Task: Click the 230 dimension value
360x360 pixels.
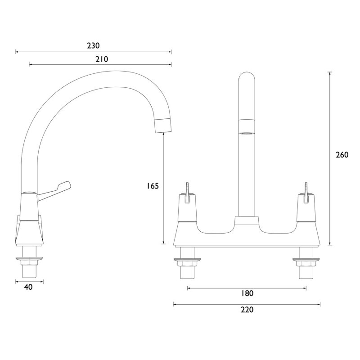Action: (93, 45)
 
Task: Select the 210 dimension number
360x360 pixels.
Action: (102, 59)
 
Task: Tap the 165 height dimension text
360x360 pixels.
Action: (153, 185)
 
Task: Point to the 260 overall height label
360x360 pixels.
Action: (342, 155)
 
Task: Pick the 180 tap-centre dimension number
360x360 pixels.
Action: (247, 294)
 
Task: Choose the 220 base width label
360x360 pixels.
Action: (247, 310)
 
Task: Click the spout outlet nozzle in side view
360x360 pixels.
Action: (163, 125)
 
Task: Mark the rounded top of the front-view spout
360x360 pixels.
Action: (246, 79)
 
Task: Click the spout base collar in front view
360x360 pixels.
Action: (246, 221)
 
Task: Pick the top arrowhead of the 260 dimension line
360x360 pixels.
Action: (331, 73)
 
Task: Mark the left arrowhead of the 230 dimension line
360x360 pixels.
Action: (17, 52)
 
